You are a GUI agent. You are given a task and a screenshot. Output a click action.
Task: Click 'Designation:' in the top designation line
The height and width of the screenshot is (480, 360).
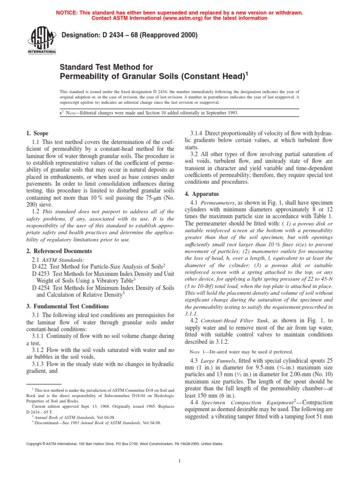[x=80, y=35]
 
